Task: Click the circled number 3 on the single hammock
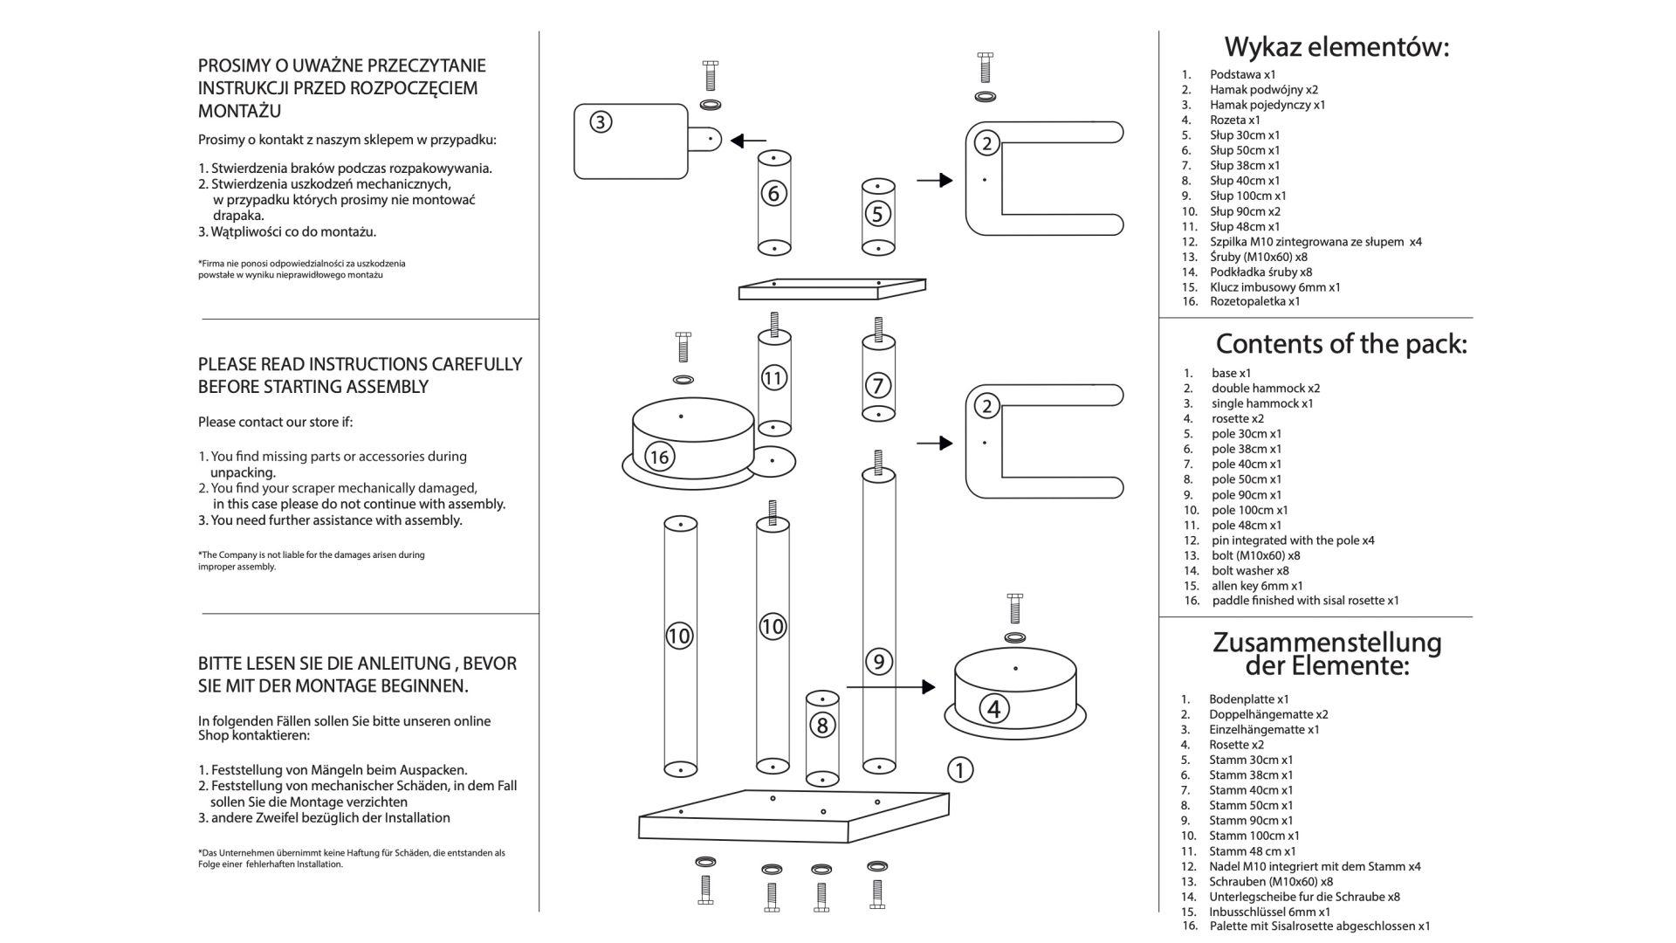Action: click(x=600, y=122)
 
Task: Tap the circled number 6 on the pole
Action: click(x=773, y=193)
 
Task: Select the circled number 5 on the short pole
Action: click(x=877, y=213)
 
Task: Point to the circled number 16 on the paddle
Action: click(x=659, y=456)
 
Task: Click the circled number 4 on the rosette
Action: click(x=993, y=709)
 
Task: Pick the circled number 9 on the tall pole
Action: click(x=878, y=661)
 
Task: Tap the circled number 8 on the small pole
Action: click(x=821, y=725)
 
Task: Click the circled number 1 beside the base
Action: click(x=959, y=770)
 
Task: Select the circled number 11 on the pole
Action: click(x=773, y=377)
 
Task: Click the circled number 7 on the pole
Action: click(x=878, y=385)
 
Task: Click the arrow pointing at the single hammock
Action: click(x=748, y=141)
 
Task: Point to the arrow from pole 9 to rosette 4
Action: click(x=890, y=687)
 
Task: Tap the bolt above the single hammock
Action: click(x=710, y=76)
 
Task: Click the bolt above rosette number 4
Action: click(x=1014, y=609)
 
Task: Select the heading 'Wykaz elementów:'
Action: click(x=1336, y=46)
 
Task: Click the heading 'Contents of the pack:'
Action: click(x=1342, y=344)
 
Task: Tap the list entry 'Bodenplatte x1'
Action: click(x=1249, y=699)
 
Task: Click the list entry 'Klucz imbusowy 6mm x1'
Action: click(x=1275, y=287)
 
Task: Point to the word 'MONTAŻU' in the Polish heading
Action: click(x=240, y=111)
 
